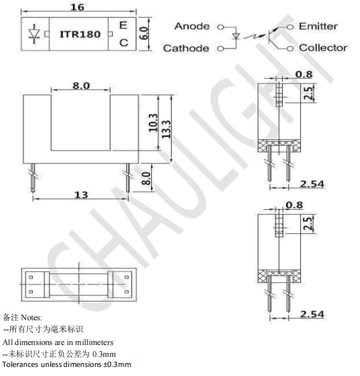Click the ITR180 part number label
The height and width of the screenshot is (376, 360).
80,34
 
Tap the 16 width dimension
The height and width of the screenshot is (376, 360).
77,7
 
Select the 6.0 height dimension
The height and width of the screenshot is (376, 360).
144,33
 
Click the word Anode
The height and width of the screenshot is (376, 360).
192,26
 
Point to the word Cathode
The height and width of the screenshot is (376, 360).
186,48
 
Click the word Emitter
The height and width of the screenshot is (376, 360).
318,26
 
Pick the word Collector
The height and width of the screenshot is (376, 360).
323,48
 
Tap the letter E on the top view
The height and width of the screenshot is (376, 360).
123,25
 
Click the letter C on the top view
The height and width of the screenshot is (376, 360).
124,43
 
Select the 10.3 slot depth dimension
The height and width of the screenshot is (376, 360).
153,122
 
